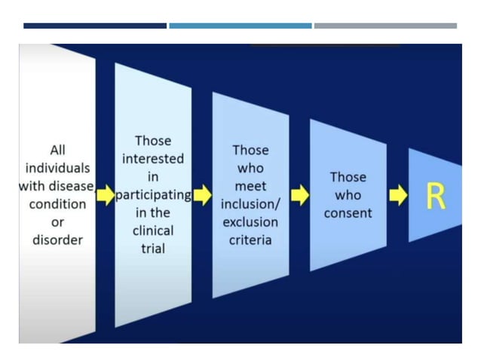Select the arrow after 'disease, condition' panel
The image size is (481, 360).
[x=104, y=196]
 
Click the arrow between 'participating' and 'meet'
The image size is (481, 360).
[x=202, y=196]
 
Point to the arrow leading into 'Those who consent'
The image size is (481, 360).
[x=300, y=196]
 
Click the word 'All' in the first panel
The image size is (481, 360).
[x=57, y=150]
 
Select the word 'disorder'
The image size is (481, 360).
[x=57, y=240]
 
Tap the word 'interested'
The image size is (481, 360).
[x=153, y=159]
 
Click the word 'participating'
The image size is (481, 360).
[x=153, y=195]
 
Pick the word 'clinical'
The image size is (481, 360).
[x=153, y=230]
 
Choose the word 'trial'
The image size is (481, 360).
[x=153, y=249]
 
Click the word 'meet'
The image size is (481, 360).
[x=250, y=186]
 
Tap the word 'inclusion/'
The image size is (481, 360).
[x=250, y=204]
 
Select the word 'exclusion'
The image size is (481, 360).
[x=250, y=222]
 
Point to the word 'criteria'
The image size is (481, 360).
[x=250, y=240]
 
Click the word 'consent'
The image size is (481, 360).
[x=348, y=213]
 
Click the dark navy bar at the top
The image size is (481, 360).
[x=94, y=26]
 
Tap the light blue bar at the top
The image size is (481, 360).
[x=240, y=26]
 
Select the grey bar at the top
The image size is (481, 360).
[x=385, y=26]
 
